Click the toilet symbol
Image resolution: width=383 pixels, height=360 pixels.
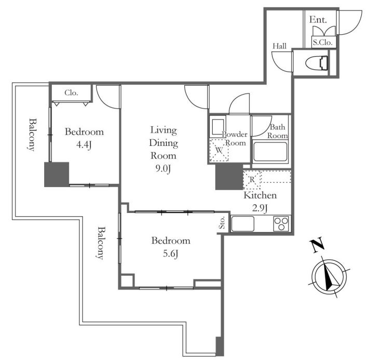tap(317, 63)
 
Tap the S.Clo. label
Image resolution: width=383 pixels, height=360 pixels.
tap(323, 43)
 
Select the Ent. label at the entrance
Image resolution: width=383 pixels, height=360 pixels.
tap(318, 20)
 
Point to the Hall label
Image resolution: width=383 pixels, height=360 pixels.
tap(279, 46)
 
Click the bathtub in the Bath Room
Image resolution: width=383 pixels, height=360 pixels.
tap(270, 151)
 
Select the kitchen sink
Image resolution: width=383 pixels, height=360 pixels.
tap(242, 224)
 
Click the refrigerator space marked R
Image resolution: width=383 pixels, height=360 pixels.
tap(252, 180)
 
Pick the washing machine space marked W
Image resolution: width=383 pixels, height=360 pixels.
tap(219, 150)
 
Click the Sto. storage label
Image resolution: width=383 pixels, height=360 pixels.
tap(222, 223)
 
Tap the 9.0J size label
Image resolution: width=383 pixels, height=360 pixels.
tap(163, 168)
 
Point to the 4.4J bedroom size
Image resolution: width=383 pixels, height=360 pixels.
tap(84, 145)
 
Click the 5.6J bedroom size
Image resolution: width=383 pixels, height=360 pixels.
tap(171, 254)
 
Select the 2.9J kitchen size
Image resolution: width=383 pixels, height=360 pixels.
tap(260, 208)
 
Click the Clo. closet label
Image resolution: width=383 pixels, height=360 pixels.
tap(71, 93)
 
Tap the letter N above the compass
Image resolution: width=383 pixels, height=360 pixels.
tap(317, 245)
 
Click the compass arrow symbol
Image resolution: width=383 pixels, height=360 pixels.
tap(330, 276)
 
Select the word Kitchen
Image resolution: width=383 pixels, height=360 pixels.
tap(260, 195)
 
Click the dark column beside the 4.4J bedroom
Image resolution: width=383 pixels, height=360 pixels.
tap(57, 175)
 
